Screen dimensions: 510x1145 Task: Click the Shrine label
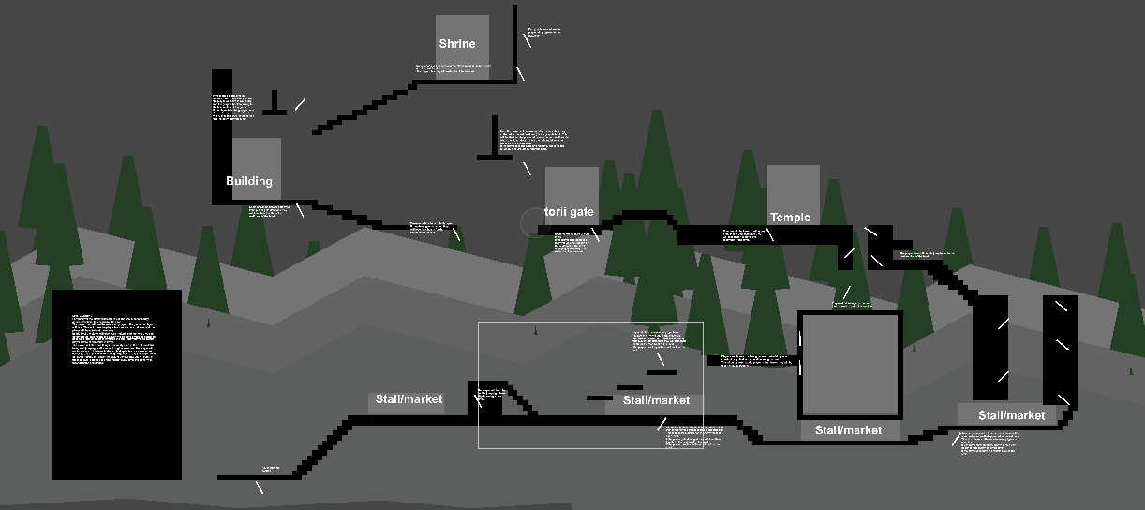[457, 44]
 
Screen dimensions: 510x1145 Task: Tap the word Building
[249, 181]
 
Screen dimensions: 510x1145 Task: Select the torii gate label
[569, 212]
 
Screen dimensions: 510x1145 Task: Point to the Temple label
[790, 217]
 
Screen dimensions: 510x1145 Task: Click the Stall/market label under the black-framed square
[848, 430]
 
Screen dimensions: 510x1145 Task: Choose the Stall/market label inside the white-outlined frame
[656, 400]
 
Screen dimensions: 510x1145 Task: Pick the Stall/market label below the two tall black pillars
[1011, 415]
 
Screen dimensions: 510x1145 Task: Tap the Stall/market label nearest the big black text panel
[409, 399]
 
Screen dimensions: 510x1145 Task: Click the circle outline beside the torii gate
[533, 222]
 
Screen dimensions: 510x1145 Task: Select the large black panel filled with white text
[116, 384]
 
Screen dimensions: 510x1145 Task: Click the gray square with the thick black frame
[850, 365]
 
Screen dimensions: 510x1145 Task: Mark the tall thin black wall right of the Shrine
[514, 42]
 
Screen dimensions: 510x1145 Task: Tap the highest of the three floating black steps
[662, 372]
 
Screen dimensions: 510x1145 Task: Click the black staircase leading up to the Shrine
[365, 107]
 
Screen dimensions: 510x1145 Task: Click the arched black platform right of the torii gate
[641, 217]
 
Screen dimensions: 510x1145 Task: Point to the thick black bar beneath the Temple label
[764, 234]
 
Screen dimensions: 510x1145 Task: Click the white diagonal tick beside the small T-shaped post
[300, 104]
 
